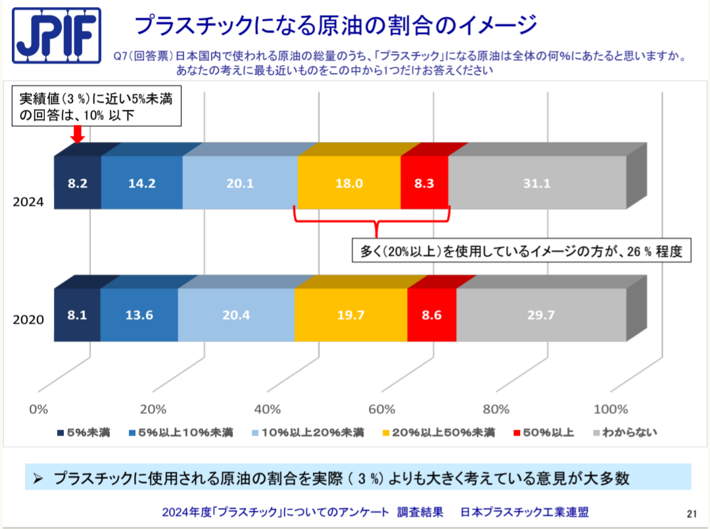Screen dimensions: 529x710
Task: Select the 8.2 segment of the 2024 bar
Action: click(x=78, y=184)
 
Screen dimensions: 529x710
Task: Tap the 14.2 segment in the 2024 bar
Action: click(x=142, y=184)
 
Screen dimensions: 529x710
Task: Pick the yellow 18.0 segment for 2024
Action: click(x=349, y=184)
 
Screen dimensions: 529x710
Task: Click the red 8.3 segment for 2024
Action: click(x=424, y=184)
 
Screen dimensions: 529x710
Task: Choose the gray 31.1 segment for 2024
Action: click(x=536, y=184)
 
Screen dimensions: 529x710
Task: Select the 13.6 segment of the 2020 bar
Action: click(x=139, y=315)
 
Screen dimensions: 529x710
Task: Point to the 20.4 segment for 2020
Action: click(x=236, y=315)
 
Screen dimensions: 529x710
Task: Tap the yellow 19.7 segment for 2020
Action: click(x=350, y=315)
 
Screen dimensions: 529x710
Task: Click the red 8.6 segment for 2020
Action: click(x=431, y=315)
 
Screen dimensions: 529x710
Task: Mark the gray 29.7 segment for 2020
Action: click(x=541, y=315)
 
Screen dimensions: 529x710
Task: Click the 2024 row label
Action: click(x=28, y=202)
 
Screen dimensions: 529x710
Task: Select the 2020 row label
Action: click(x=28, y=320)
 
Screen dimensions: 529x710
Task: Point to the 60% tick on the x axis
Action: click(x=382, y=409)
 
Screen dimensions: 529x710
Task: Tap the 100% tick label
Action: click(x=611, y=409)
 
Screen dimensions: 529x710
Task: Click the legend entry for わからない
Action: click(x=625, y=432)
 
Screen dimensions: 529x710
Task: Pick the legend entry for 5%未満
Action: click(x=83, y=432)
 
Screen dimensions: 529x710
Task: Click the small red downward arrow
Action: click(x=77, y=134)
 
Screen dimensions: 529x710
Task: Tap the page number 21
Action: click(x=691, y=513)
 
